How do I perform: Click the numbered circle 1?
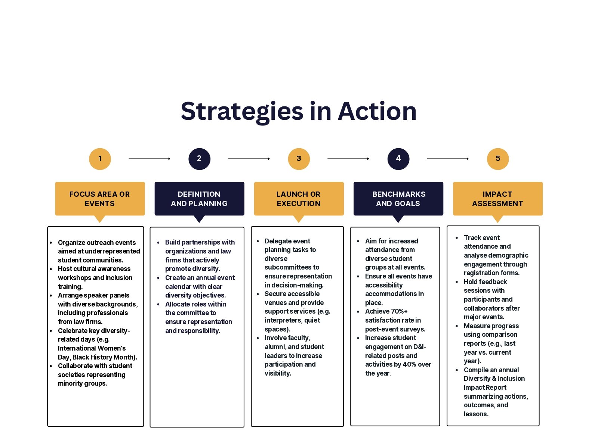(x=100, y=159)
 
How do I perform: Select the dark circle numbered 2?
(x=199, y=159)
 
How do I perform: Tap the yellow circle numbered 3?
(x=299, y=159)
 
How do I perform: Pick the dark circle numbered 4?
(x=398, y=159)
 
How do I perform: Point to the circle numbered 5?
(x=497, y=159)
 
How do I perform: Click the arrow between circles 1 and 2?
(x=149, y=159)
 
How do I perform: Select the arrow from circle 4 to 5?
(x=448, y=159)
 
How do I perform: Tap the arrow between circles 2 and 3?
(x=249, y=159)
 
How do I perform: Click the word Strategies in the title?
(x=242, y=112)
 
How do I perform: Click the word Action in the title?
(x=377, y=112)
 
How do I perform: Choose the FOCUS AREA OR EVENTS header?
(x=100, y=199)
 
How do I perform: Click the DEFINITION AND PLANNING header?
(x=199, y=199)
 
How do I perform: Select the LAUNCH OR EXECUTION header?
(x=299, y=199)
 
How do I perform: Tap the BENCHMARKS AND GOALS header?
(x=398, y=199)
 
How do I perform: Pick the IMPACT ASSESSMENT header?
(x=497, y=199)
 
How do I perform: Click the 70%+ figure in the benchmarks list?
(x=398, y=311)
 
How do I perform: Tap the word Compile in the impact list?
(x=476, y=370)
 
